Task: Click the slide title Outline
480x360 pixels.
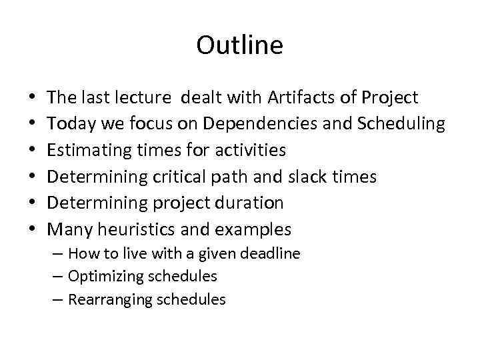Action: [x=240, y=46]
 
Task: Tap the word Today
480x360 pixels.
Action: [x=69, y=124]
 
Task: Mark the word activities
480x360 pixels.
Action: [x=254, y=151]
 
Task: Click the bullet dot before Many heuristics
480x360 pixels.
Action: [x=33, y=230]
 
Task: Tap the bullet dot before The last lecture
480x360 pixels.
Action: [x=33, y=99]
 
